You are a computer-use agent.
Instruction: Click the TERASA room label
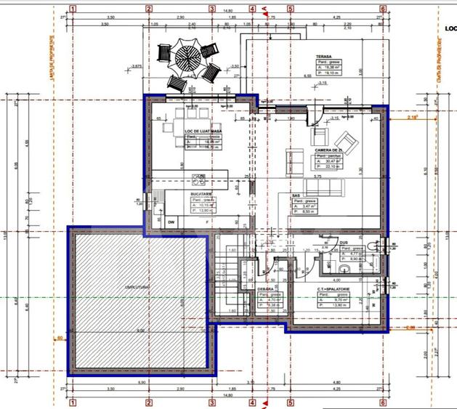coord(324,57)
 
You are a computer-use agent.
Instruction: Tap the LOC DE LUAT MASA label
coord(203,131)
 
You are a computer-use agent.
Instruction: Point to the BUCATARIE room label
coord(201,195)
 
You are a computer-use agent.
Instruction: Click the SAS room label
coord(296,195)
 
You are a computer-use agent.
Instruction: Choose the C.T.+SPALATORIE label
coord(333,288)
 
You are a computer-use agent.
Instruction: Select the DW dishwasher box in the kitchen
coord(171,221)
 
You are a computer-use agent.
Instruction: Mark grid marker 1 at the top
coord(73,9)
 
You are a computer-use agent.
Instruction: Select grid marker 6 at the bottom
coord(382,401)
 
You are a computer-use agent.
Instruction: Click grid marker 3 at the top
coord(212,9)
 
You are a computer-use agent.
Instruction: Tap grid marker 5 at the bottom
coord(289,401)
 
